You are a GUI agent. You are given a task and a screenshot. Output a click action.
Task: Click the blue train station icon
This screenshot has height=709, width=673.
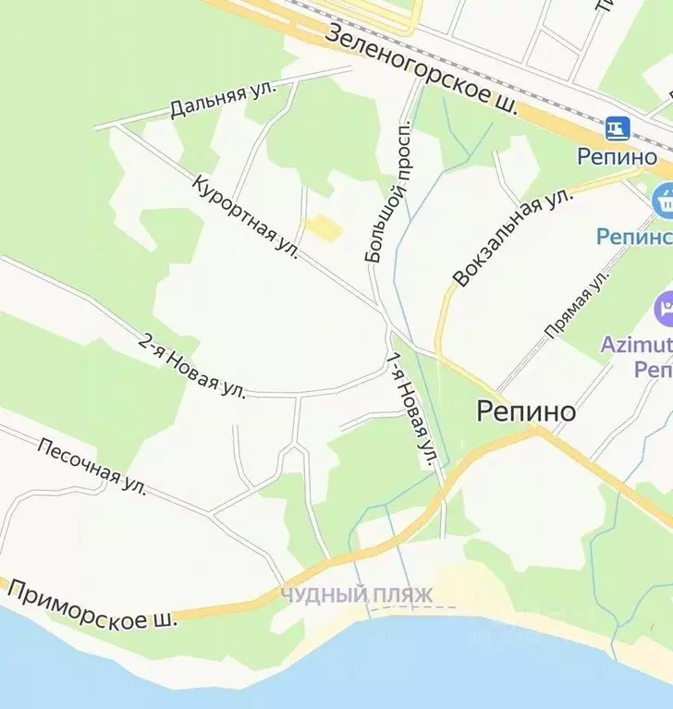[618, 127]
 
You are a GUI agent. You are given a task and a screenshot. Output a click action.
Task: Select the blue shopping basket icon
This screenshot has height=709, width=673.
[662, 199]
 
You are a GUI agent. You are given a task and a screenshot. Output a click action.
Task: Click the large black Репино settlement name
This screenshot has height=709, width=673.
[526, 411]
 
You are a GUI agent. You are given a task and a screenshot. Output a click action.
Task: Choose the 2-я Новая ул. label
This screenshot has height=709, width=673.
[192, 365]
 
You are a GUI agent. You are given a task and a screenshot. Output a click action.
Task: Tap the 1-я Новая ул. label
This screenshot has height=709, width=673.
[410, 410]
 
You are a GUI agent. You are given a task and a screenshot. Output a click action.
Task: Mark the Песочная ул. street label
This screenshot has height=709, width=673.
[92, 461]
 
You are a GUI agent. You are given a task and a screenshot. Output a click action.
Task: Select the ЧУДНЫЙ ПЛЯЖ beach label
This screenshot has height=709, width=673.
[356, 595]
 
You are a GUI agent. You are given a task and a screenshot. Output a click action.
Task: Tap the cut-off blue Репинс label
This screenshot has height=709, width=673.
[634, 237]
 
